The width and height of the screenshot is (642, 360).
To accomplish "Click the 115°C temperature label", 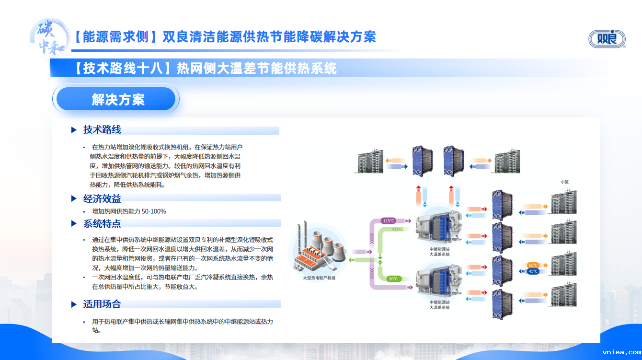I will pyautogui.click(x=389, y=221).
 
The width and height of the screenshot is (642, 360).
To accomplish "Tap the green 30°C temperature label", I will pyautogui.click(x=393, y=279).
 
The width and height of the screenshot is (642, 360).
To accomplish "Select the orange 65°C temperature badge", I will pyautogui.click(x=533, y=265).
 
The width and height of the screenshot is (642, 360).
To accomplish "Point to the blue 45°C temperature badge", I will pyautogui.click(x=533, y=271).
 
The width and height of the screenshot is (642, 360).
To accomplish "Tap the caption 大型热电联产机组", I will pyautogui.click(x=319, y=278).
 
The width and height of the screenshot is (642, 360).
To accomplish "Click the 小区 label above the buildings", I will pyautogui.click(x=564, y=182).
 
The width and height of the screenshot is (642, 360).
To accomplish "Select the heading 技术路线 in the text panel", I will pyautogui.click(x=102, y=130).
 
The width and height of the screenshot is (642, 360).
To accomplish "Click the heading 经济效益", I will pyautogui.click(x=102, y=198).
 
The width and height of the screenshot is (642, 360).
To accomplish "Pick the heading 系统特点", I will pyautogui.click(x=102, y=223).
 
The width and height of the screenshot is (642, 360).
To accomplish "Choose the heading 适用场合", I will pyautogui.click(x=102, y=304).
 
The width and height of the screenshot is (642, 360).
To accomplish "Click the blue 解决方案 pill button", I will pyautogui.click(x=116, y=99).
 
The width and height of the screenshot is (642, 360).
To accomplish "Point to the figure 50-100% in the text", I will pyautogui.click(x=153, y=211).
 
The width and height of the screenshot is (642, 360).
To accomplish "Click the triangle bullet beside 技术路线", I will pyautogui.click(x=74, y=130).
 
